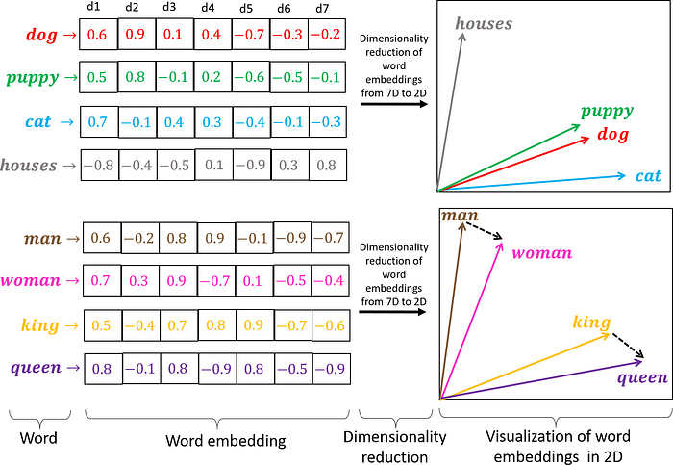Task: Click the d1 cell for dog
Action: [x=98, y=34]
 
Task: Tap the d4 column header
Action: [x=209, y=8]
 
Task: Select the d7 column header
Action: [x=322, y=8]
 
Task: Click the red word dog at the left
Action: [x=43, y=35]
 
